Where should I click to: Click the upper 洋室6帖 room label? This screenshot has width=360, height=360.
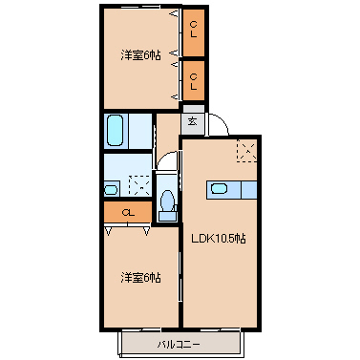click(139, 55)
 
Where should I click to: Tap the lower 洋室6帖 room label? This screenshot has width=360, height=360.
click(139, 278)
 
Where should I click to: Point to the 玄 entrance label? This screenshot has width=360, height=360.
click(192, 121)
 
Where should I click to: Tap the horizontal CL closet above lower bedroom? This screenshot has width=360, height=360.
click(127, 212)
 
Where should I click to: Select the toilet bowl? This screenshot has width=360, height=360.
click(168, 201)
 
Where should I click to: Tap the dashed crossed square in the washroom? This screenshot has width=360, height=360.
click(139, 184)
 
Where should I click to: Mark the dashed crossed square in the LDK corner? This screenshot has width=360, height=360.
click(246, 150)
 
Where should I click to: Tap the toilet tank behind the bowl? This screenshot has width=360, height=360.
click(168, 216)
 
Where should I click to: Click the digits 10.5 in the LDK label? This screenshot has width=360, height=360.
click(224, 239)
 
